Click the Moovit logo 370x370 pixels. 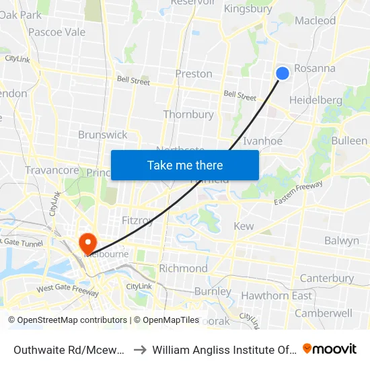(x=330, y=349)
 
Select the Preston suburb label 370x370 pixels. (x=194, y=74)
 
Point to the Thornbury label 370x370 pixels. (x=188, y=115)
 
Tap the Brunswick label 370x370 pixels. (x=102, y=135)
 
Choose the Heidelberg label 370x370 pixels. (x=315, y=101)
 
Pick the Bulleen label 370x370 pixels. (x=349, y=141)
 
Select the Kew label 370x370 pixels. (x=244, y=227)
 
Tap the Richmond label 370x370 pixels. (x=183, y=268)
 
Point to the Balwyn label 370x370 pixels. (x=342, y=241)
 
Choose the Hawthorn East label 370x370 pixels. (x=276, y=296)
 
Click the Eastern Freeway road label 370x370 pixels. (x=298, y=192)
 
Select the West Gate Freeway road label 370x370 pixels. (x=67, y=290)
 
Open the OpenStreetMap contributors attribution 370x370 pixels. (x=67, y=320)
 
